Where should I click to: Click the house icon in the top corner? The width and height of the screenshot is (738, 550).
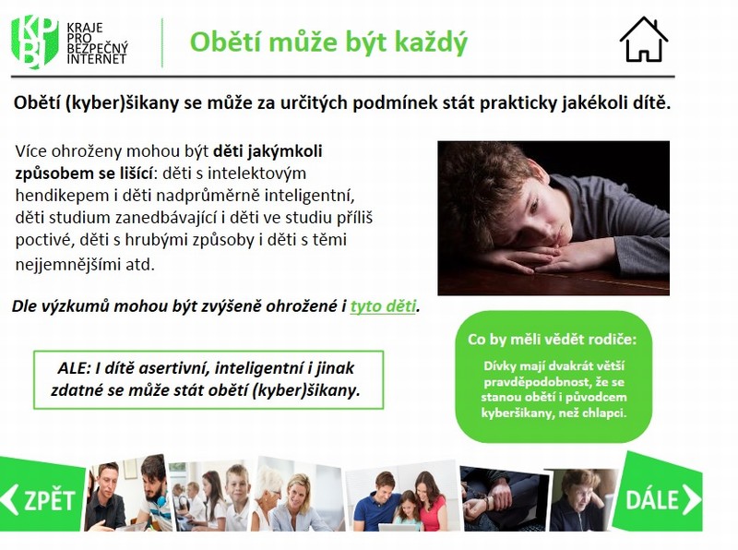pos(643,40)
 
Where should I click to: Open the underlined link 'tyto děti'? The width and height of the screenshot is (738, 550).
pos(383,306)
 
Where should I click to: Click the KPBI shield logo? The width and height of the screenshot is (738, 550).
pos(34,42)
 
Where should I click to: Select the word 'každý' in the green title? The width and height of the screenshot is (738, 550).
pos(431,42)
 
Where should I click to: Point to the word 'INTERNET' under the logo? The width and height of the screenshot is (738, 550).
pos(97,59)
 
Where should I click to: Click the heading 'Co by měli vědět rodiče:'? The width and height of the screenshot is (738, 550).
pos(552,339)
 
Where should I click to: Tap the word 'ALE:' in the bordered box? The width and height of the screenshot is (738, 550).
pos(74,368)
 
